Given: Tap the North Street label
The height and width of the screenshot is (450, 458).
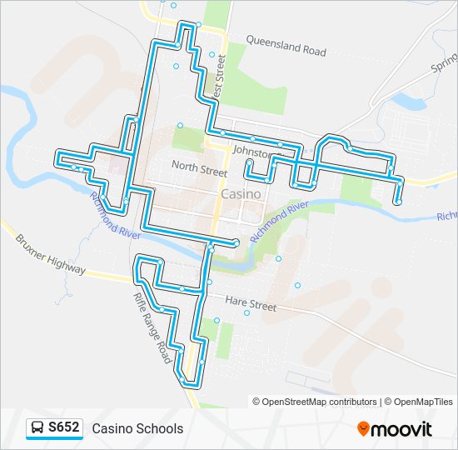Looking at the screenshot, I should point(199,166).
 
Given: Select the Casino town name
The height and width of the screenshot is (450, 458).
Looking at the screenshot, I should point(241,193).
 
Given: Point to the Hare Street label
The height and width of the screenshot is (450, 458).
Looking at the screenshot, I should point(251,305).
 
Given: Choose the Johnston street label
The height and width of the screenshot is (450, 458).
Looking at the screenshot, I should point(252,152).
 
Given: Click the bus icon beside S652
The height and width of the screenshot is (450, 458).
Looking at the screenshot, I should point(37,428).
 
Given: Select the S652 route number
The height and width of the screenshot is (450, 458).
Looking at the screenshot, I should point(64,428).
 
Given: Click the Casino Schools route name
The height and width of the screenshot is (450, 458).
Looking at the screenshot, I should point(137,429).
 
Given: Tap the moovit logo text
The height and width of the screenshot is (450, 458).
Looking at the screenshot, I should point(402,429).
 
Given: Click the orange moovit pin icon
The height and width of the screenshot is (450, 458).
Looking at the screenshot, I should point(364,429).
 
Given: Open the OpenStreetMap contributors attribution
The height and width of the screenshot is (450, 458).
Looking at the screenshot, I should point(320,402).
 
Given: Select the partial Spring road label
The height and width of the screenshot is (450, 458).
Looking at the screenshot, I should point(445,60).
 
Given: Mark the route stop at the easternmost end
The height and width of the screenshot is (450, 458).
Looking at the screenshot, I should point(398,202).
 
